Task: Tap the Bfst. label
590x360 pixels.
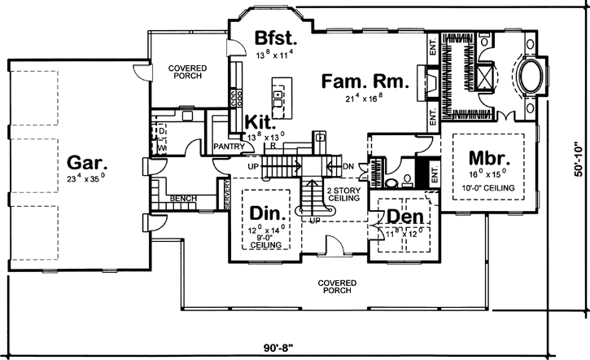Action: coord(277,39)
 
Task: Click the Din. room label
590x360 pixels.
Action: coord(266,213)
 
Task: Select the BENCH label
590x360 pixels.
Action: coord(183,197)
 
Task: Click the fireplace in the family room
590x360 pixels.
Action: coord(425,81)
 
